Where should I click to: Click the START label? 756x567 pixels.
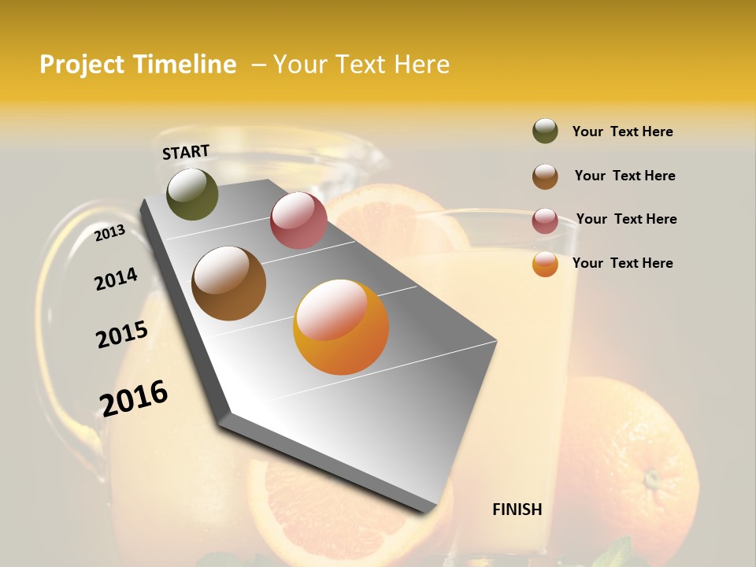[x=186, y=152]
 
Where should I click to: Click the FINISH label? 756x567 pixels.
[x=517, y=510]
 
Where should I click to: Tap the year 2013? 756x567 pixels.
[x=109, y=232]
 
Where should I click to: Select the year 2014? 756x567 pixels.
[x=116, y=280]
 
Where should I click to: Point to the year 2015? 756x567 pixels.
[x=122, y=335]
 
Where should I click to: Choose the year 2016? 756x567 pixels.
[x=134, y=398]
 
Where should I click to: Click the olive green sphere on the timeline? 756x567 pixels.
[x=192, y=194]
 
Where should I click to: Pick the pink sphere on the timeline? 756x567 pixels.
[x=298, y=220]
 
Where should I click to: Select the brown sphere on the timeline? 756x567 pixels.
[x=228, y=283]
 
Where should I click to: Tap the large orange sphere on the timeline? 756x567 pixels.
[x=341, y=327]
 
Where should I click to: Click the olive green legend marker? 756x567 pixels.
[x=545, y=131]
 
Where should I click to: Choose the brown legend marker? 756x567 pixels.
[x=545, y=176]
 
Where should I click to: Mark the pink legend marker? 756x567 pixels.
[x=545, y=220]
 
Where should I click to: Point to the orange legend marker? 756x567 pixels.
[x=545, y=265]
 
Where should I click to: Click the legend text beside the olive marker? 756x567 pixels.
[x=622, y=132]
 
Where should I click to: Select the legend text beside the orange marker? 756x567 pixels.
[x=622, y=263]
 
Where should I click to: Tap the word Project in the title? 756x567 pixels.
[x=82, y=65]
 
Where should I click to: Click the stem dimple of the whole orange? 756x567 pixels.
[x=650, y=478]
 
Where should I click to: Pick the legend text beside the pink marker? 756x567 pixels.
[x=626, y=219]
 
